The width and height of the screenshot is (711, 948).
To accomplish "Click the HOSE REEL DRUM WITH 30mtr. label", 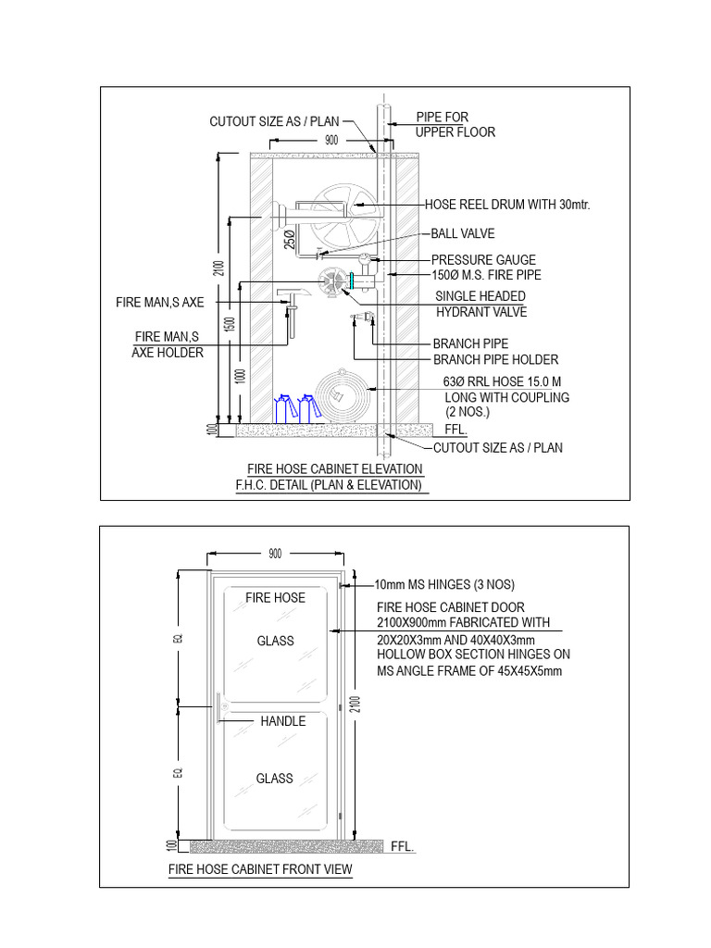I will pos(506,205).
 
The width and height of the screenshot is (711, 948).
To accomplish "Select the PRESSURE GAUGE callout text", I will pos(483,260).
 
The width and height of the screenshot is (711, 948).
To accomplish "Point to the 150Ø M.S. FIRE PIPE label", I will pos(486,275).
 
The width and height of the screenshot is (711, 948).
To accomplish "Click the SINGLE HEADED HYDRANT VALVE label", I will pos(480,304).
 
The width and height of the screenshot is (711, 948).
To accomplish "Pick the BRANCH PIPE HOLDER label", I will pos(495,359).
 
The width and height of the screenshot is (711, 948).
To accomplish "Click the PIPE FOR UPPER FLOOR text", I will pos(455,124).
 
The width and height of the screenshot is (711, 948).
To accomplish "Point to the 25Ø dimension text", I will pos(291,238).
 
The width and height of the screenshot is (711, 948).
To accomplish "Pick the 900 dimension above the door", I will pos(275,554).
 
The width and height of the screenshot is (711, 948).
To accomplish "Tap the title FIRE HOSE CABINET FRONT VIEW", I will pos(259,870).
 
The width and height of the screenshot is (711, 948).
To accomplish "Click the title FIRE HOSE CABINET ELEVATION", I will pos(334,469).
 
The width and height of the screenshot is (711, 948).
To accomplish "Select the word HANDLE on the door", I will pos(282,720).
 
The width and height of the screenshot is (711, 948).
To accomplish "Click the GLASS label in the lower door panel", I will pos(275,779).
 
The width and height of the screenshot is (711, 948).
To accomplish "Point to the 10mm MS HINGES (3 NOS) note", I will pos(443,585).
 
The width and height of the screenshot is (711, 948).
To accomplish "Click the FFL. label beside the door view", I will pos(403,846).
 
